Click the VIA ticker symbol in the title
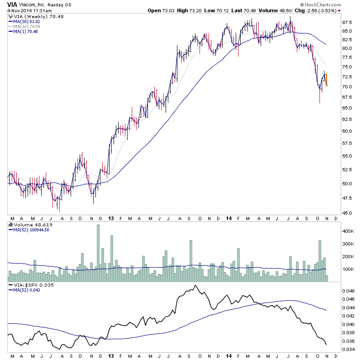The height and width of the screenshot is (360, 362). coord(13,4)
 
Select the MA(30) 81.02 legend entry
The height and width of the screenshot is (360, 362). coord(27,21)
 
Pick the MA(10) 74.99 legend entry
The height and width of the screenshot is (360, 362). coord(27,26)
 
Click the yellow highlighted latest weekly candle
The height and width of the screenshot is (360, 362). coord(326,80)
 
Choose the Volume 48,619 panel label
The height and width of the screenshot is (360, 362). coord(29,224)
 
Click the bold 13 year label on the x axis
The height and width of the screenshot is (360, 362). coord(111,218)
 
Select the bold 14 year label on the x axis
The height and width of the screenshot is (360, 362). coord(228,218)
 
